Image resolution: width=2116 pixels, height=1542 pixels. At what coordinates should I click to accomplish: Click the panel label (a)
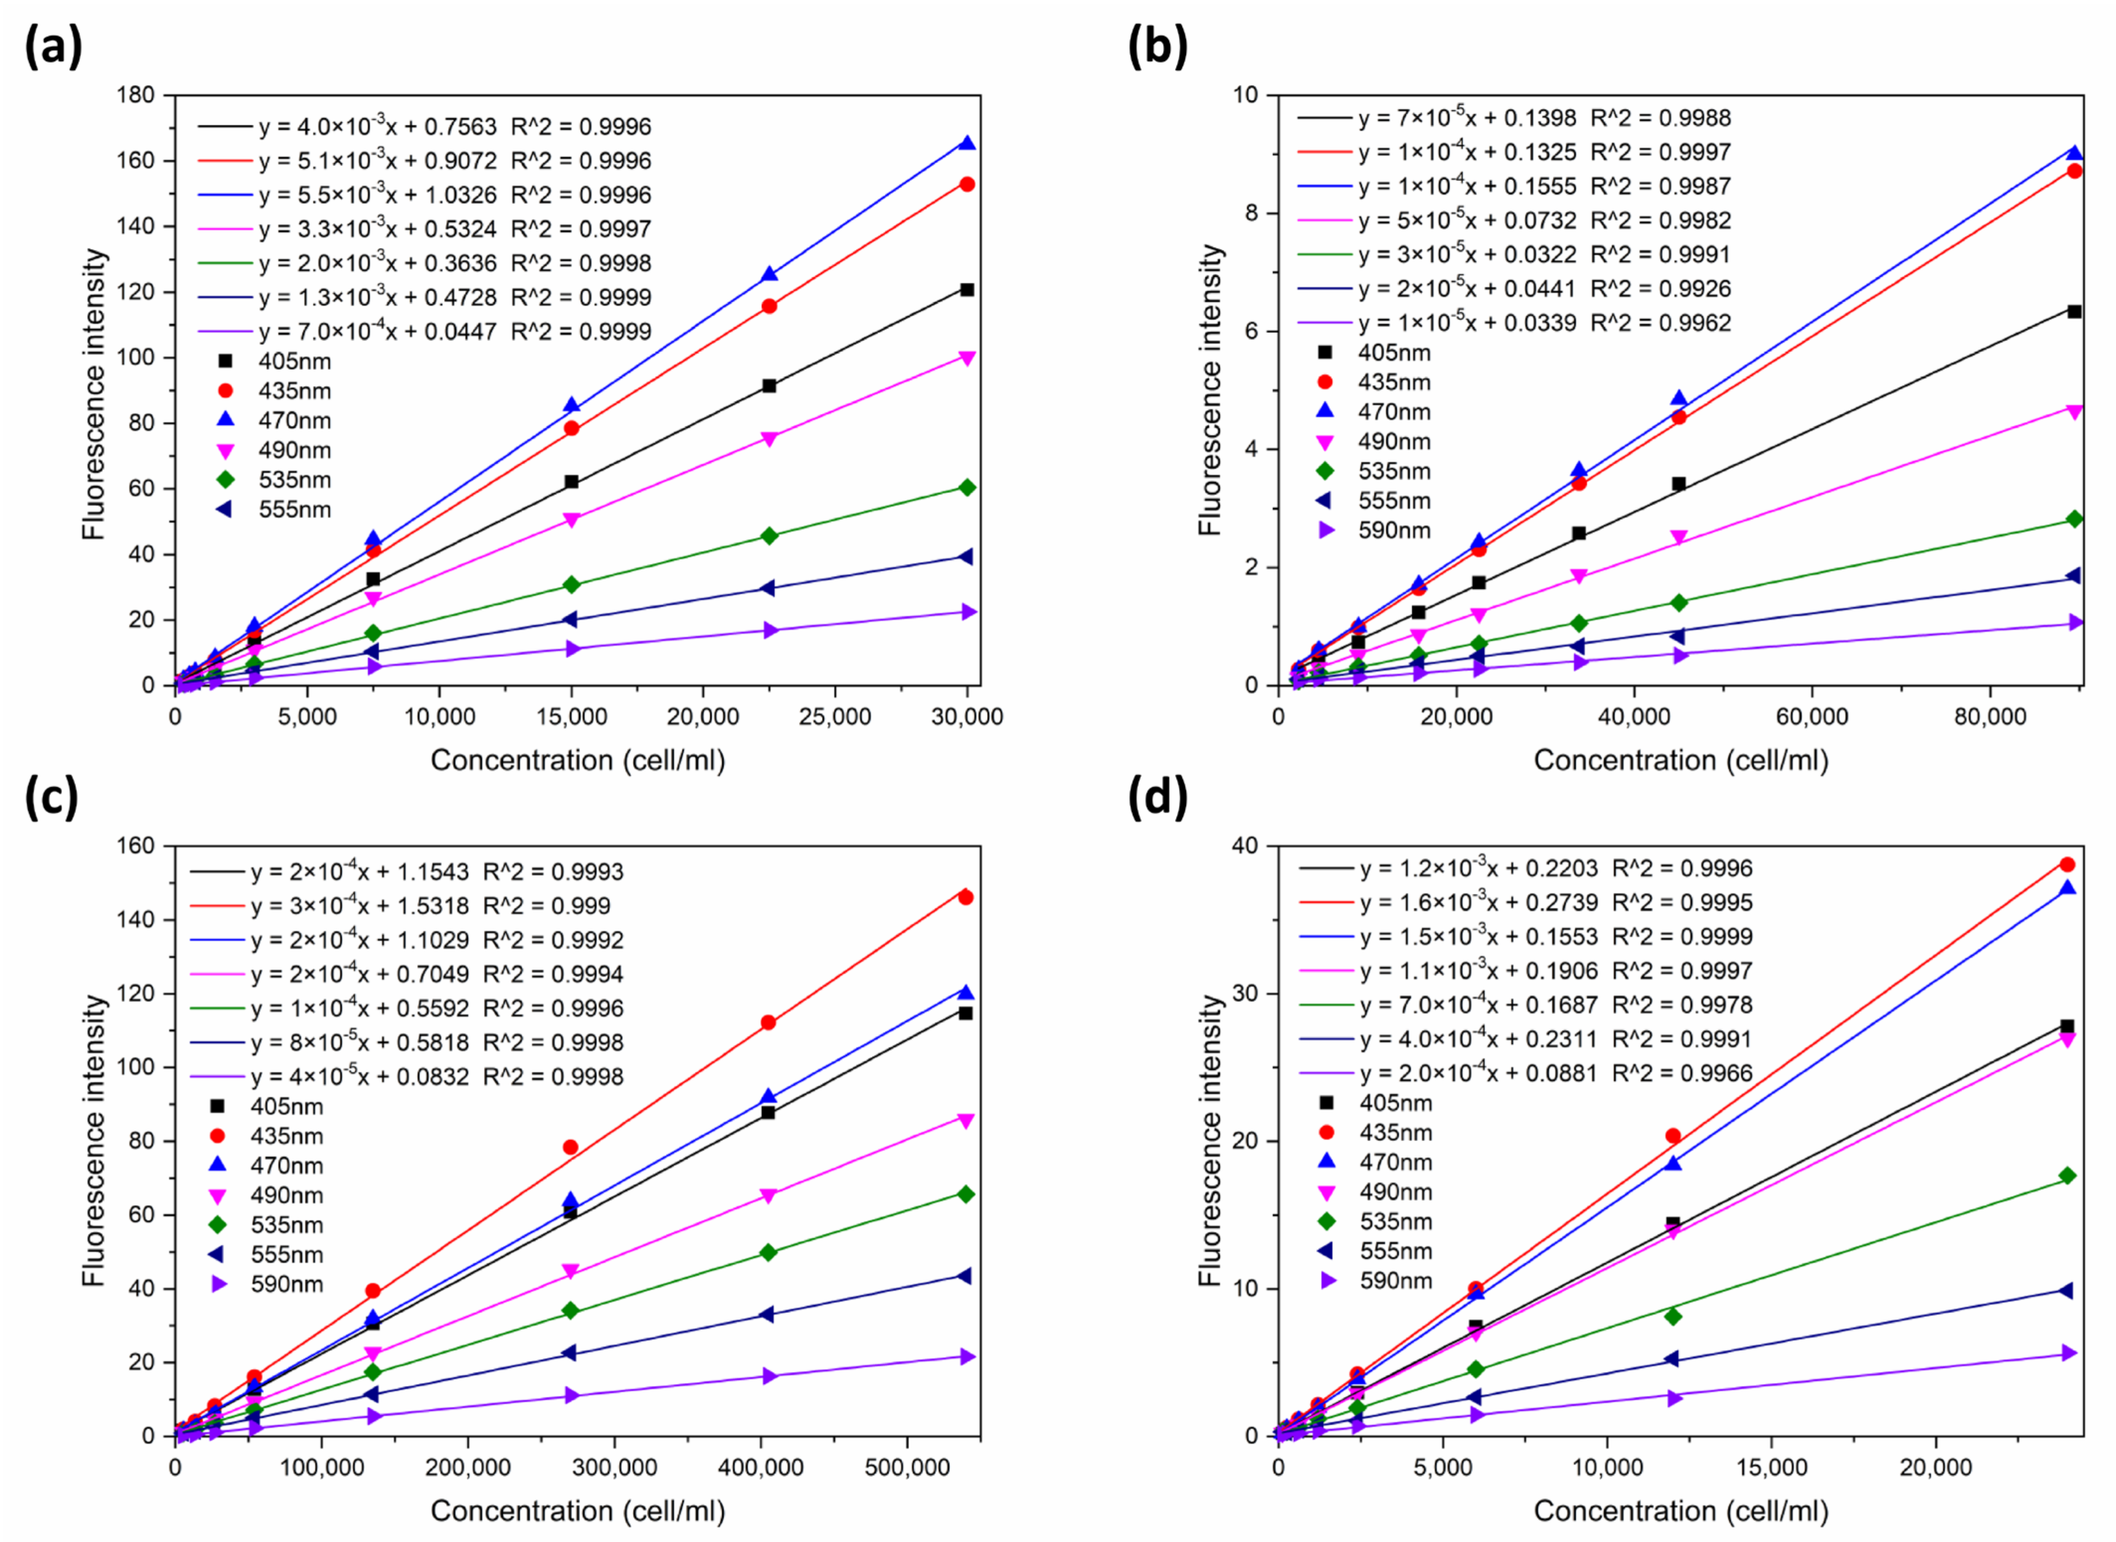(x=53, y=47)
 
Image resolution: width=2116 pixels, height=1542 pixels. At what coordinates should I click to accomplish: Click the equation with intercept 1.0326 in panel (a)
(x=377, y=195)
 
